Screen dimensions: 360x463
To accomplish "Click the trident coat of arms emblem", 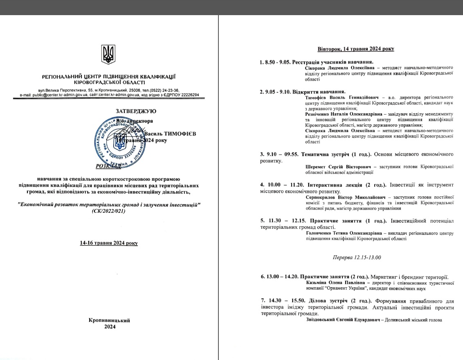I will tap(108, 54).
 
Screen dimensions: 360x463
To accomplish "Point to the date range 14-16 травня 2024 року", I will tap(109, 243).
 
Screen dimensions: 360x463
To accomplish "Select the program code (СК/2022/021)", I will tap(109, 211).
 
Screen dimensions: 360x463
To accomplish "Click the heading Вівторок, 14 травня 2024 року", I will tap(356, 49).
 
